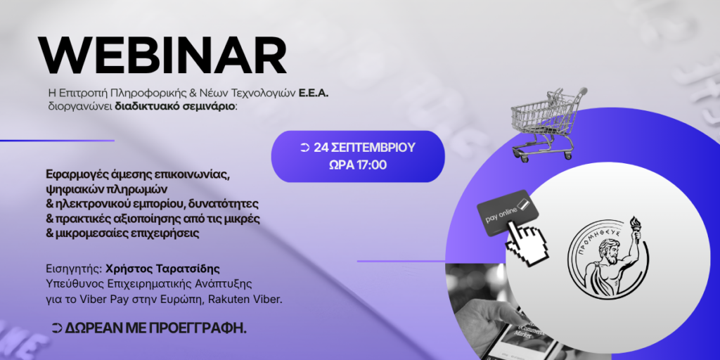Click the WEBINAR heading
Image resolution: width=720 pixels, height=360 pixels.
coord(162,56)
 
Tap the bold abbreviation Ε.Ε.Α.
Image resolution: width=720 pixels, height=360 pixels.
coord(314,94)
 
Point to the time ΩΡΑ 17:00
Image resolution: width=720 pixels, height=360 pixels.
coord(358,165)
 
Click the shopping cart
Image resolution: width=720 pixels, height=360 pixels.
coord(547,123)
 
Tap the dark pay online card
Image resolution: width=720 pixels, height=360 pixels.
coord(508,212)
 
